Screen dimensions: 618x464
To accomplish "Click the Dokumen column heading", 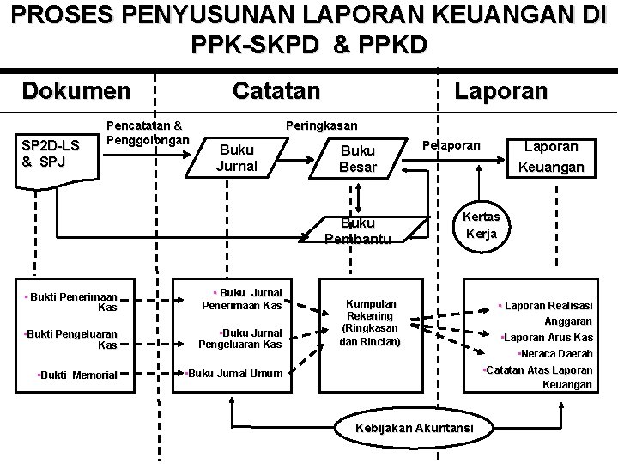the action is point(76,90).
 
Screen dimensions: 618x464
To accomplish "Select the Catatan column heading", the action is point(276,90).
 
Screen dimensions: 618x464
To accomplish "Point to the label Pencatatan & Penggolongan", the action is point(148,132).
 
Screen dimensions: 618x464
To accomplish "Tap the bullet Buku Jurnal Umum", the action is point(236,373).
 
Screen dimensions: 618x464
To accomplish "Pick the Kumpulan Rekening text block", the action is point(372,322).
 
